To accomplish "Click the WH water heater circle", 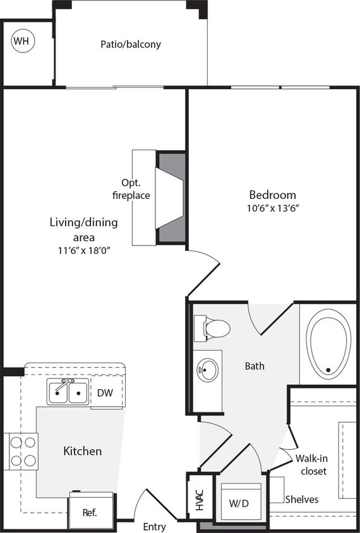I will (x=21, y=42).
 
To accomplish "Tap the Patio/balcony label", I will (x=131, y=45).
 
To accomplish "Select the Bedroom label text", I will (x=272, y=195).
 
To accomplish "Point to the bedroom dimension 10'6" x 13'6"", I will (x=272, y=208).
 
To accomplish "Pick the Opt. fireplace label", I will (x=131, y=189).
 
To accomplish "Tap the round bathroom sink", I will (x=207, y=369).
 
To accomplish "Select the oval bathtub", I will (x=328, y=344).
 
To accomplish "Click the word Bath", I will (x=255, y=366).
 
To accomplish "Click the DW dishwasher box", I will (x=105, y=393).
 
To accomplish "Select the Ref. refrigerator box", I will (x=90, y=512).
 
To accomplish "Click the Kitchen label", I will (x=82, y=451).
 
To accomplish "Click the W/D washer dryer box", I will (x=238, y=503).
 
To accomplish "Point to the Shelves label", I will (x=301, y=500).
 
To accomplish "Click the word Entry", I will (x=154, y=527).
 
